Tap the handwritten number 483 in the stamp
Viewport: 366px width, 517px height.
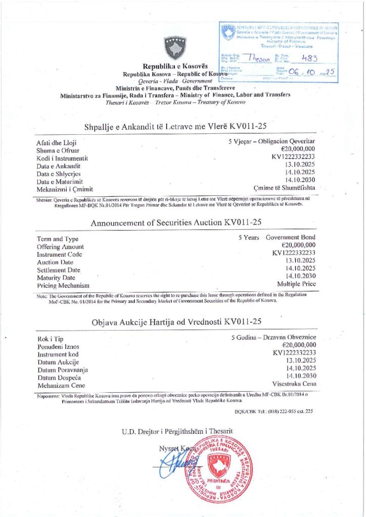coord(309,58)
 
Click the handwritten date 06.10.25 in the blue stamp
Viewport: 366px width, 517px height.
coord(309,72)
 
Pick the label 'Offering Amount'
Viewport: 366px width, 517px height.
coord(60,247)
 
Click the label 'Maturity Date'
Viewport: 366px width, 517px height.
coord(56,277)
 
